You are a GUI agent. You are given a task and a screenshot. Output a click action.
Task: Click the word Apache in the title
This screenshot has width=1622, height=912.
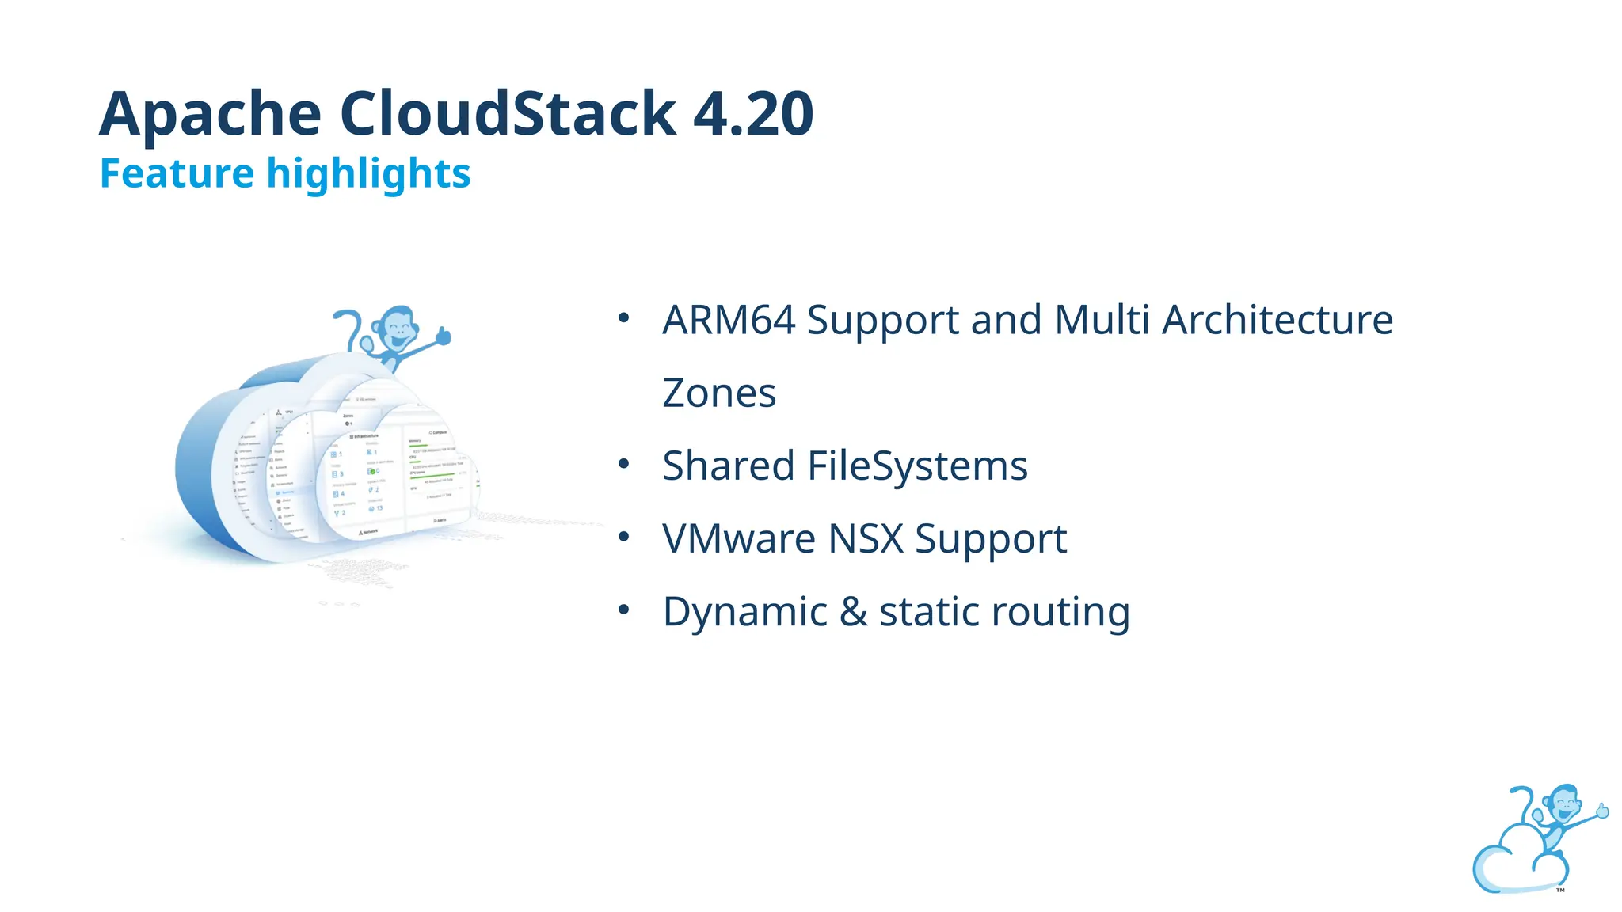(x=210, y=115)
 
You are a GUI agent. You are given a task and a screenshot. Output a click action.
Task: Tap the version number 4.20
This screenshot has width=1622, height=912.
(x=753, y=113)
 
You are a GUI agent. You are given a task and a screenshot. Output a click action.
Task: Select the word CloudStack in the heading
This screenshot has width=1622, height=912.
(x=508, y=113)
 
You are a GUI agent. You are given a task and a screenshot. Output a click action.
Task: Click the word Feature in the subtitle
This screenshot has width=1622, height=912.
(x=177, y=173)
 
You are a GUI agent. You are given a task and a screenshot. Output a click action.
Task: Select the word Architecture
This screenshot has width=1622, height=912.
(x=1277, y=320)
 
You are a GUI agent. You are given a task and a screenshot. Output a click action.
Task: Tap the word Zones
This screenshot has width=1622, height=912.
(x=719, y=393)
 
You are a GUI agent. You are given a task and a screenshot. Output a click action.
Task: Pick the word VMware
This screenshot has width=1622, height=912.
(x=739, y=539)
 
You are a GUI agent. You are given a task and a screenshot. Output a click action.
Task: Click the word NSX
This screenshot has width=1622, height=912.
(x=866, y=539)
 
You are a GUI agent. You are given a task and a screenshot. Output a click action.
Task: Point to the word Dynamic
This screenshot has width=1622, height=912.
(x=744, y=612)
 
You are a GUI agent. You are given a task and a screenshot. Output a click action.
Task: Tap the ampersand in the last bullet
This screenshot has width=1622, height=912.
(x=853, y=612)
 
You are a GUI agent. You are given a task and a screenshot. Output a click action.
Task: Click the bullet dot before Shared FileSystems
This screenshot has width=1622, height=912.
(x=624, y=464)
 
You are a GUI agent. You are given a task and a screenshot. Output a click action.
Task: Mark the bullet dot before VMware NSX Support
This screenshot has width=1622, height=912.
(x=624, y=538)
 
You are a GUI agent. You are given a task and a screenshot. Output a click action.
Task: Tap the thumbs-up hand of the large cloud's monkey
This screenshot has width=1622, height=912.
(x=443, y=336)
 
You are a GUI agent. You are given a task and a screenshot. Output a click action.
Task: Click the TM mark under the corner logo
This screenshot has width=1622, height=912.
(x=1560, y=891)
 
